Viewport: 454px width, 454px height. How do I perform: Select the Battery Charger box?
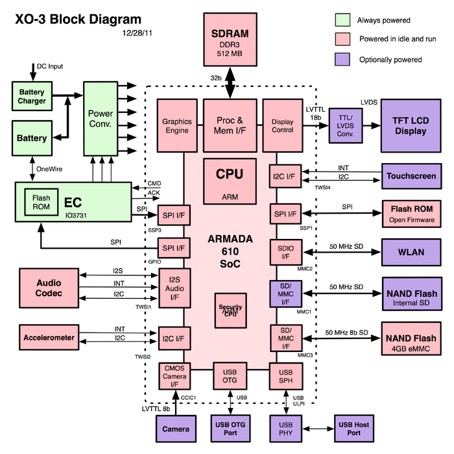click(32, 96)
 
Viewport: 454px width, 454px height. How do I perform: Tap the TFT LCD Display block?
click(409, 125)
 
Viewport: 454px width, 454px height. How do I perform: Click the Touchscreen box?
click(411, 176)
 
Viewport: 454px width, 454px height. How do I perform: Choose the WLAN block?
click(409, 250)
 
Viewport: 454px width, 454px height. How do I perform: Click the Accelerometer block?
click(49, 338)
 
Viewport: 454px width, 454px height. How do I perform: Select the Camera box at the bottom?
click(176, 429)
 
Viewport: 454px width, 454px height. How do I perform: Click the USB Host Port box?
click(353, 429)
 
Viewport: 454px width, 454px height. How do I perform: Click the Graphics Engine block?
click(177, 125)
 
